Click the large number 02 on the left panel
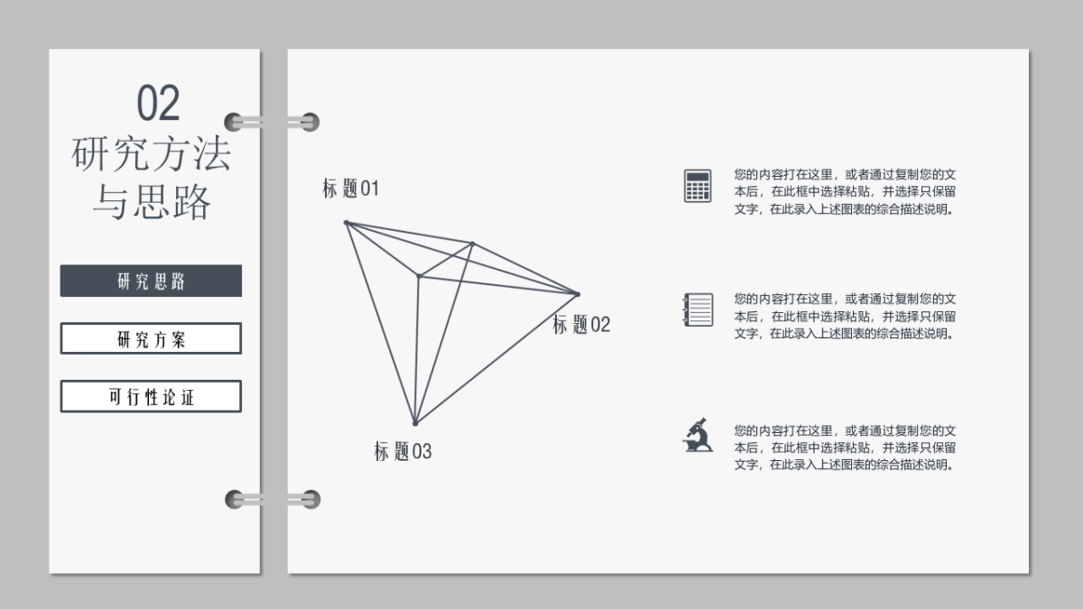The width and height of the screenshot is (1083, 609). click(x=158, y=103)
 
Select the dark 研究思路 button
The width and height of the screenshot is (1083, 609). click(x=151, y=281)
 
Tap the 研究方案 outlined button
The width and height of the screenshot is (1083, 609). click(x=151, y=338)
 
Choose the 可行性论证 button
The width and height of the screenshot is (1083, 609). click(x=151, y=396)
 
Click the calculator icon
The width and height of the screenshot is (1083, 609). click(x=698, y=186)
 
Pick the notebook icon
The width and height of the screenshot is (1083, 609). click(x=698, y=309)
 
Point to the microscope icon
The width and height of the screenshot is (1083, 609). click(x=698, y=435)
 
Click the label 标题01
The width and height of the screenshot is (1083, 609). click(x=350, y=188)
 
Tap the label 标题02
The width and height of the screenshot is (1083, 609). click(x=581, y=324)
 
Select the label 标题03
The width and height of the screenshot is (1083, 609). click(x=403, y=451)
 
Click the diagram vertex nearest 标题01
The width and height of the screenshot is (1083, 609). click(x=347, y=223)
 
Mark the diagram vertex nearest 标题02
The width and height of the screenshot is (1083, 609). click(x=578, y=294)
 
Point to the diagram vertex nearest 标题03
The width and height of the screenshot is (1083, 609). click(x=415, y=423)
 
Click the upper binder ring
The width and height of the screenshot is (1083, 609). click(x=272, y=122)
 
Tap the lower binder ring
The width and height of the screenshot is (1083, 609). click(x=273, y=499)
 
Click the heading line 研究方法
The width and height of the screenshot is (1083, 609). click(x=151, y=153)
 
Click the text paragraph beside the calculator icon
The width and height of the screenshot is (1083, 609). click(x=845, y=191)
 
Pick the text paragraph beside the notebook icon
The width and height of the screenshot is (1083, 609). click(x=845, y=316)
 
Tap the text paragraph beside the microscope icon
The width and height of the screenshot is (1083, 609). click(x=845, y=448)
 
